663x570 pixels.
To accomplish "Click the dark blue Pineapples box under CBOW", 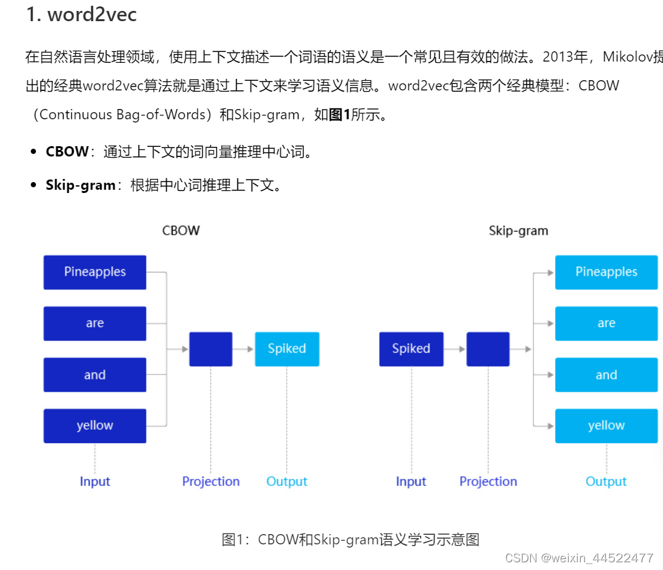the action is tap(94, 272).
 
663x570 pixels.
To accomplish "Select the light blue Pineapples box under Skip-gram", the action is tap(606, 272).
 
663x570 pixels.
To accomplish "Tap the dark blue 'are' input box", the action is tap(94, 323).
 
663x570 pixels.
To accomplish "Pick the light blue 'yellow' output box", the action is tap(606, 426).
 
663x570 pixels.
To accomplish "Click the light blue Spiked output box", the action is tap(286, 349).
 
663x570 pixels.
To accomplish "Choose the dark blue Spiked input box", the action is tap(411, 349).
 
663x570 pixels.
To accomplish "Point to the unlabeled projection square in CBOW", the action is tap(211, 349).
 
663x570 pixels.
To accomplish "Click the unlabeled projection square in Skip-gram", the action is tap(488, 349).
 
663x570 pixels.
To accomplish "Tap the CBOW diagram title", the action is tap(180, 231).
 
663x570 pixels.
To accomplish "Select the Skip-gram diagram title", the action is tap(518, 231).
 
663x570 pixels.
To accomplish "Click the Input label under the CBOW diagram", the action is tap(95, 482).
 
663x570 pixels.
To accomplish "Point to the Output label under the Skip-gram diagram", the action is tap(606, 482).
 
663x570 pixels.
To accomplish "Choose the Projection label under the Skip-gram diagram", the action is tap(488, 482).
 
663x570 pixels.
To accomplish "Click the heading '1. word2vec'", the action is tap(82, 14).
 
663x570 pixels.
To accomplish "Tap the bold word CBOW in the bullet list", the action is tap(67, 152).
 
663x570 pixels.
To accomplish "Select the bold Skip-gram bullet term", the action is tap(80, 186).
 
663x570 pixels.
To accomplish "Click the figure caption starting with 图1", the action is tap(350, 540).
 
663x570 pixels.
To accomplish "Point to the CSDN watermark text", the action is tap(579, 558).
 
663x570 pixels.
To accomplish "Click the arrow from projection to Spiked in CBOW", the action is tap(243, 349).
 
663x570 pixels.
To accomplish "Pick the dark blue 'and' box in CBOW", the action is tap(94, 375).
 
